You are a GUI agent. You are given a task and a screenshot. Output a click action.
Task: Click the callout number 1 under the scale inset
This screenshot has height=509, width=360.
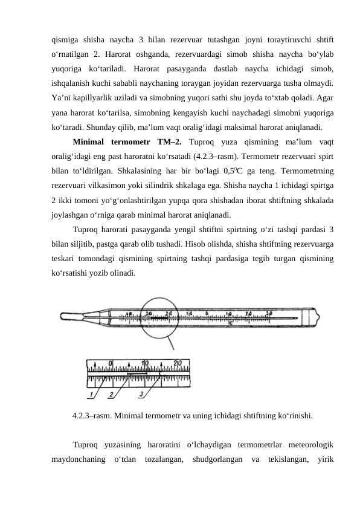(92, 395)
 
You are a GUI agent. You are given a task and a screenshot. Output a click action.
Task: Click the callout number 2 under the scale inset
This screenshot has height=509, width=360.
(111, 395)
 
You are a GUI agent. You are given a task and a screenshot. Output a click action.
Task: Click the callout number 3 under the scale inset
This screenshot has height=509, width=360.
(141, 395)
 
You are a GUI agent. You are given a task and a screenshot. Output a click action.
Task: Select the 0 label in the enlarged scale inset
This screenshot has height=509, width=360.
(110, 363)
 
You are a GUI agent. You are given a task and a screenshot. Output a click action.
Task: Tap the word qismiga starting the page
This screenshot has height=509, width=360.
(66, 40)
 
